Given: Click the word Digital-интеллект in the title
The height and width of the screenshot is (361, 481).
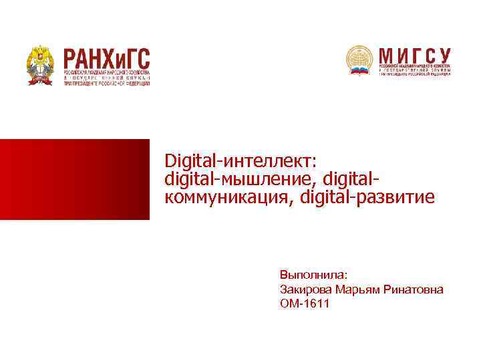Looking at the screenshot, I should [243, 160].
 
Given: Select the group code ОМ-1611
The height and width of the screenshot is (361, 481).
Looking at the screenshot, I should [305, 304].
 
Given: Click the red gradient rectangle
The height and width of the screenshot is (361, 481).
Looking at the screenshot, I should [74, 179].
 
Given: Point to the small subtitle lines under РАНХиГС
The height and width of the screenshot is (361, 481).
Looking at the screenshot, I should [107, 77].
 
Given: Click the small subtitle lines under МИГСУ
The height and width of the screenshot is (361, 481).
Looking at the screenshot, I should [415, 70].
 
